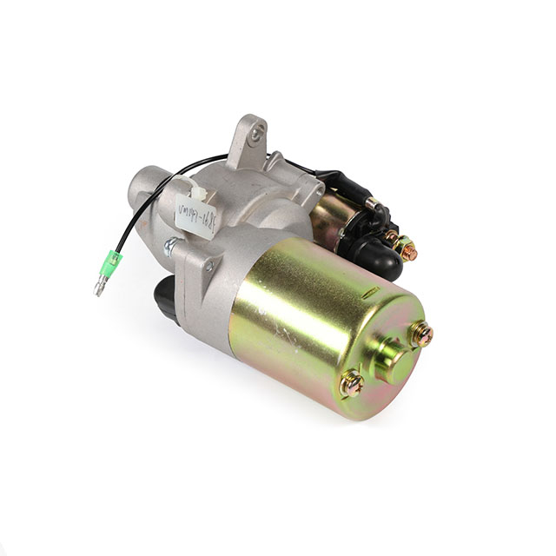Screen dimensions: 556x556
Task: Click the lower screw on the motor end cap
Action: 352,382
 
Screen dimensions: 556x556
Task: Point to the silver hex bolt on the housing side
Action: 170,248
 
